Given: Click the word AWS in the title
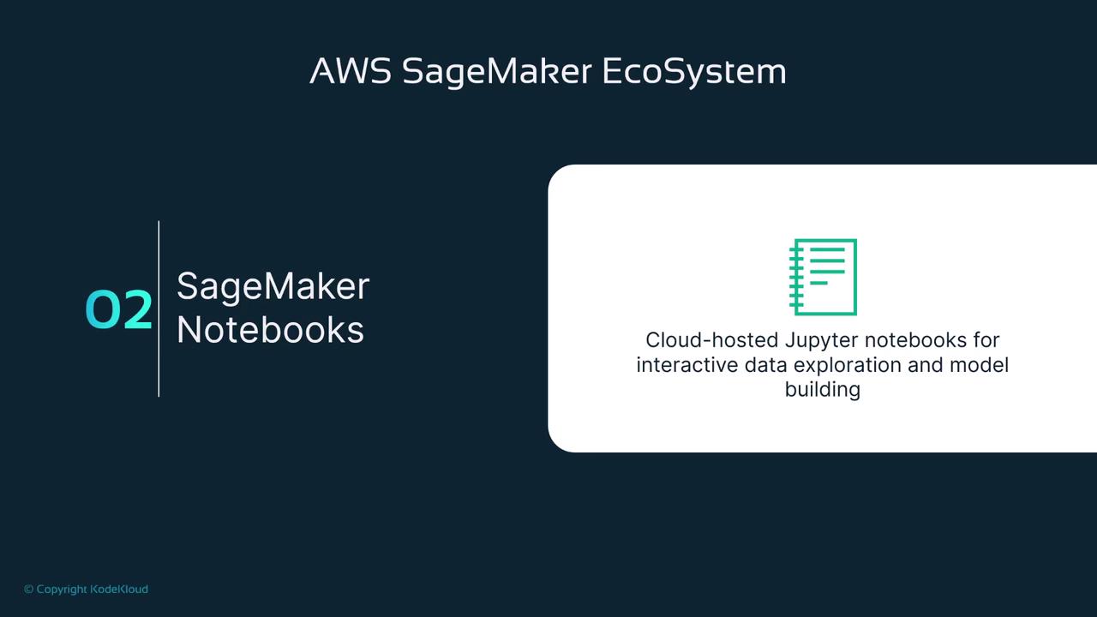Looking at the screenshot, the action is tap(351, 71).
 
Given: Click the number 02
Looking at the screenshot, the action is tap(118, 309).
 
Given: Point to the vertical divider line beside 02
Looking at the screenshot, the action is tap(159, 308).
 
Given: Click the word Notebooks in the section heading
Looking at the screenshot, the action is tap(270, 330).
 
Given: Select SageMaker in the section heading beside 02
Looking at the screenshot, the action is tap(273, 287).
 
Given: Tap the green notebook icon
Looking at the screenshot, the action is tap(823, 277).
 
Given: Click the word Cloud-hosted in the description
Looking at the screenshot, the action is tap(711, 340).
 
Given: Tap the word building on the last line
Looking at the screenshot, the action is tap(823, 390).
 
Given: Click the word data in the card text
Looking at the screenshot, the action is tap(765, 365).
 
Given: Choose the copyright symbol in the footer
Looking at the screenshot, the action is tap(29, 589).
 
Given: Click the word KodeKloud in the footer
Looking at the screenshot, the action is tap(119, 589).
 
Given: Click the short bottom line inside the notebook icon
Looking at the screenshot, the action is tap(818, 283).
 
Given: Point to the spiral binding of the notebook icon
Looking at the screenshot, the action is tap(796, 277).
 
